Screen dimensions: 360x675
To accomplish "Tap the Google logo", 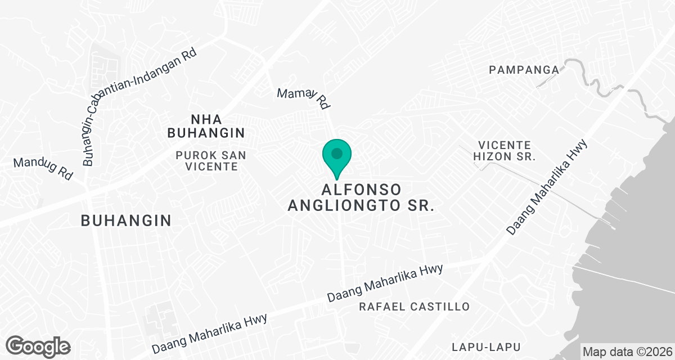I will coord(38,346).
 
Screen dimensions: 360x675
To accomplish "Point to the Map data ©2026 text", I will coord(627,352).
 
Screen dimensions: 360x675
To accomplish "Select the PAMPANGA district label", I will coord(524,70).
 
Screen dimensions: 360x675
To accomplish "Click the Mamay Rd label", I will coord(303,97).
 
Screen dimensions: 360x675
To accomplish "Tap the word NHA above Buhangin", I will coord(206,119).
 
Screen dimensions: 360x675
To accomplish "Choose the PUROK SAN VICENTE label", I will coord(210,160).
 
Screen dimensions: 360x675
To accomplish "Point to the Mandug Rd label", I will coord(43,168).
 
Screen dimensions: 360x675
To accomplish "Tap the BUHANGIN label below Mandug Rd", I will coord(126,220).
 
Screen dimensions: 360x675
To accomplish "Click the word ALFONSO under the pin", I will coord(361,188).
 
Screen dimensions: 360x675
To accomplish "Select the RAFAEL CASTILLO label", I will coord(414,307).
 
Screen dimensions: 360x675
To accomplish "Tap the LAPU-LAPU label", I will coord(486,346).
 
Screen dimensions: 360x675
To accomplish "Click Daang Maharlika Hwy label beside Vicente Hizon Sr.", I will coord(547,187).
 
